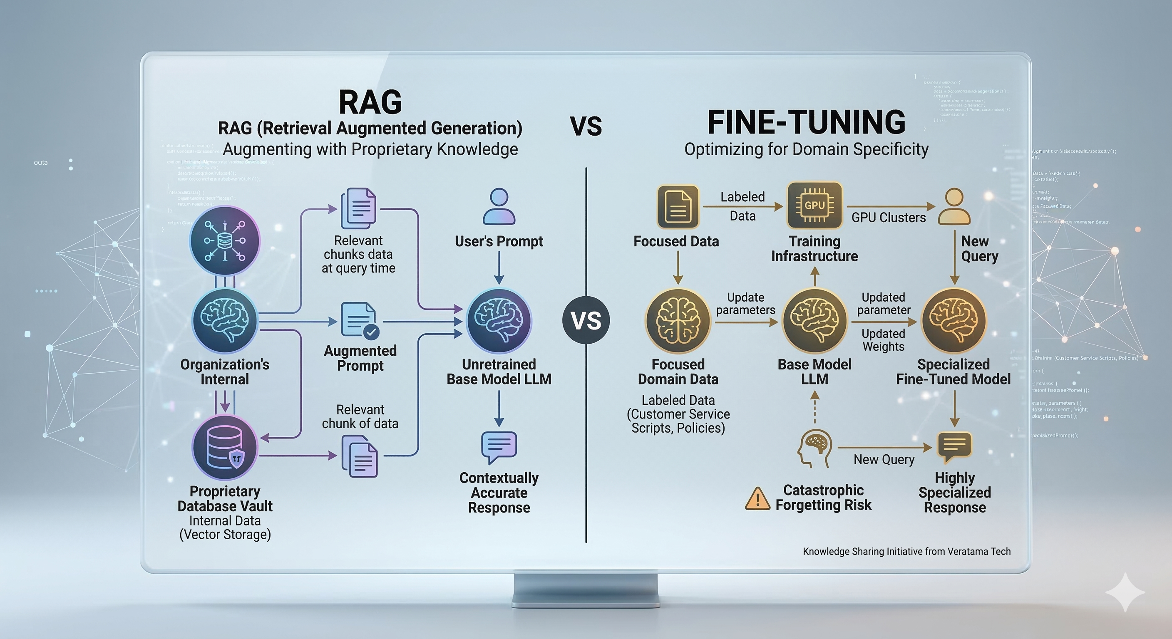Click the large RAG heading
[370, 102]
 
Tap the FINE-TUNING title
[806, 122]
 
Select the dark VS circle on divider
[586, 320]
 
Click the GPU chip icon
[814, 206]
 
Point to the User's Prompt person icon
[499, 206]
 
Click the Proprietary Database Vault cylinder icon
[225, 448]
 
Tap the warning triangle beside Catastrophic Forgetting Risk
[757, 498]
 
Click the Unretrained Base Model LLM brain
[499, 321]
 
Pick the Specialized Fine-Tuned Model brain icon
[953, 321]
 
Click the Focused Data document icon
[678, 206]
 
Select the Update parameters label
[745, 303]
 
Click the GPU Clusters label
[888, 218]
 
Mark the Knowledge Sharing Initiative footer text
[906, 551]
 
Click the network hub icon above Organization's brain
[225, 240]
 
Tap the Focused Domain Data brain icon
[678, 321]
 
